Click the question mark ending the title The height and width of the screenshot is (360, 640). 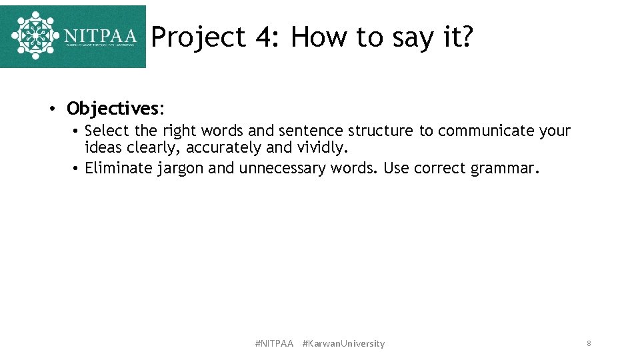(x=466, y=37)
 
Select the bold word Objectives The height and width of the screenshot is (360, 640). (x=113, y=108)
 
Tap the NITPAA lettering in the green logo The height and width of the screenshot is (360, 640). (x=101, y=35)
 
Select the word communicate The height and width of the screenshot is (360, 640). (x=487, y=131)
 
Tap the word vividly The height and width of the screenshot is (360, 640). (x=323, y=147)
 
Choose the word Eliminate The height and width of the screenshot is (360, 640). (x=119, y=168)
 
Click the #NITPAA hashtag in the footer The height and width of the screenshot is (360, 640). (x=274, y=344)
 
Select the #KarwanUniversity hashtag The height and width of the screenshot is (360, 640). (x=343, y=344)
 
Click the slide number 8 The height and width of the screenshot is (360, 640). (x=589, y=343)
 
